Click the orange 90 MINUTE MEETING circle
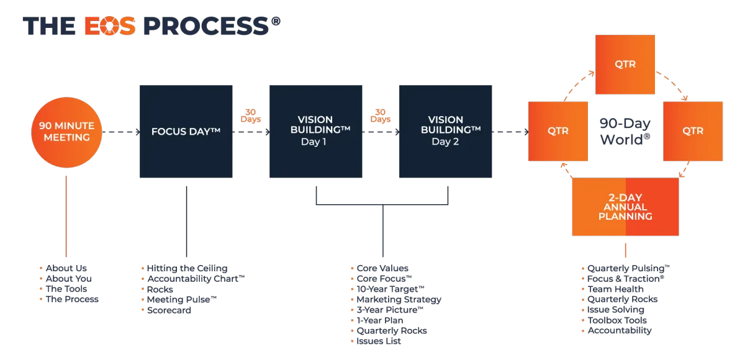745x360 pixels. [66, 132]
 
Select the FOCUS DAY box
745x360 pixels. [186, 132]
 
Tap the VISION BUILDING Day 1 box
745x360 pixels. [315, 132]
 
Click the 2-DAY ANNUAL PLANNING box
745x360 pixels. [625, 207]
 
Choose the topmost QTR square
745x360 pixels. [625, 65]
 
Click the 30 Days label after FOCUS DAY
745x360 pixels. [251, 115]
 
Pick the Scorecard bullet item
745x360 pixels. [169, 310]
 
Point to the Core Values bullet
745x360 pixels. [382, 268]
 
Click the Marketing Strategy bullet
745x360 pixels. [398, 300]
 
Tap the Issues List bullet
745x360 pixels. [379, 341]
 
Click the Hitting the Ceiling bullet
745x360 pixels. [187, 268]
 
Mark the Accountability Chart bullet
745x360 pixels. [197, 279]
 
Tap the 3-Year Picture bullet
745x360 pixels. [390, 310]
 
